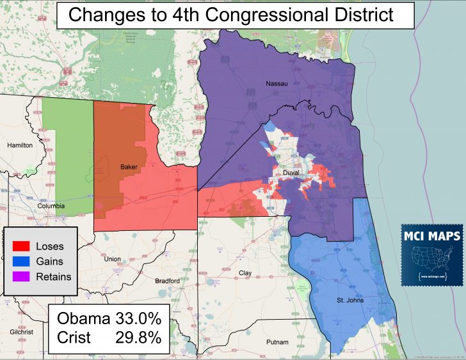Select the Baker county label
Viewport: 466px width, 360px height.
point(129,168)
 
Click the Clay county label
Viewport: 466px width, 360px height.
point(245,273)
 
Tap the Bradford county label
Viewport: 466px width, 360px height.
point(168,281)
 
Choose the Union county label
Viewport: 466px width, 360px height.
point(112,259)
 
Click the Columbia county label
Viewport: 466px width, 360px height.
point(51,206)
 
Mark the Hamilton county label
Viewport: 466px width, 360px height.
point(19,145)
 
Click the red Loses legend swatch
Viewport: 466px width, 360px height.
point(21,246)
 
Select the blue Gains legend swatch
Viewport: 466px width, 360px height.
point(21,262)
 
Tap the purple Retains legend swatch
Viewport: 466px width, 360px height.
point(21,277)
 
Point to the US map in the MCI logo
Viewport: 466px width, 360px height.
point(431,260)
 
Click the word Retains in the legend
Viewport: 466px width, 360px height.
point(54,277)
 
